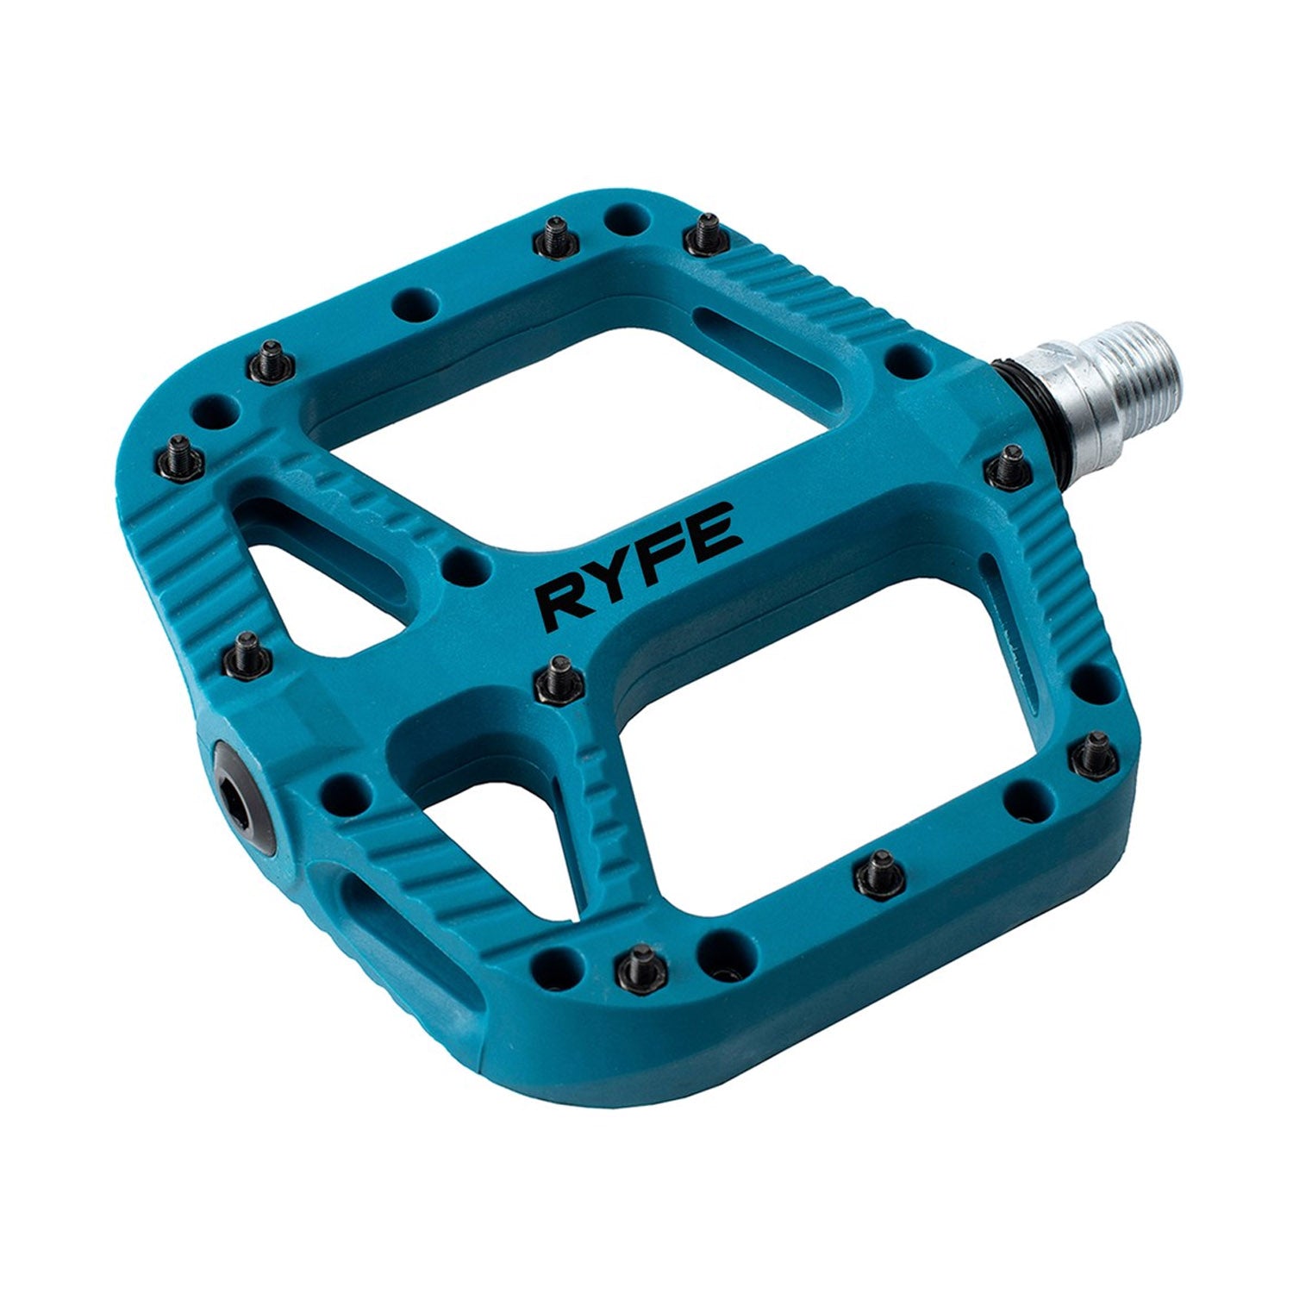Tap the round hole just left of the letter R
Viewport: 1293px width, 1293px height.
466,565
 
